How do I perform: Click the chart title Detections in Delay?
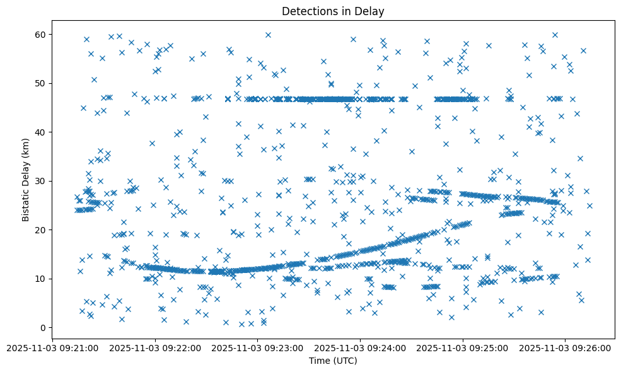pyautogui.click(x=333, y=11)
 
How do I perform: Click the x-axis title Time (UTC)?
pyautogui.click(x=333, y=361)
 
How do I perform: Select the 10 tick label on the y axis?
pyautogui.click(x=42, y=279)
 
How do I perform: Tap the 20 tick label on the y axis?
pyautogui.click(x=42, y=230)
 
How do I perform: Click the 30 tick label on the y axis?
pyautogui.click(x=42, y=181)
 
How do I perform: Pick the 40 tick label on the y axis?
pyautogui.click(x=42, y=132)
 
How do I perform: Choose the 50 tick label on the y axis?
pyautogui.click(x=42, y=83)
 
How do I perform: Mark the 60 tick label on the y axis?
pyautogui.click(x=42, y=34)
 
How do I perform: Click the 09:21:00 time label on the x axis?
pyautogui.click(x=52, y=347)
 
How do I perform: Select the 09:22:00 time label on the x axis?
pyautogui.click(x=155, y=347)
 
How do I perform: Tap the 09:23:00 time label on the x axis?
pyautogui.click(x=258, y=347)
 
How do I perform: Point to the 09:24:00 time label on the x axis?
pyautogui.click(x=361, y=347)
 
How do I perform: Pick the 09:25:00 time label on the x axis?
pyautogui.click(x=463, y=347)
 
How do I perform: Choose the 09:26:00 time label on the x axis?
pyautogui.click(x=566, y=347)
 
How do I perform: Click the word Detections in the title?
pyautogui.click(x=310, y=11)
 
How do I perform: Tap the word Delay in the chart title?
pyautogui.click(x=371, y=11)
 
